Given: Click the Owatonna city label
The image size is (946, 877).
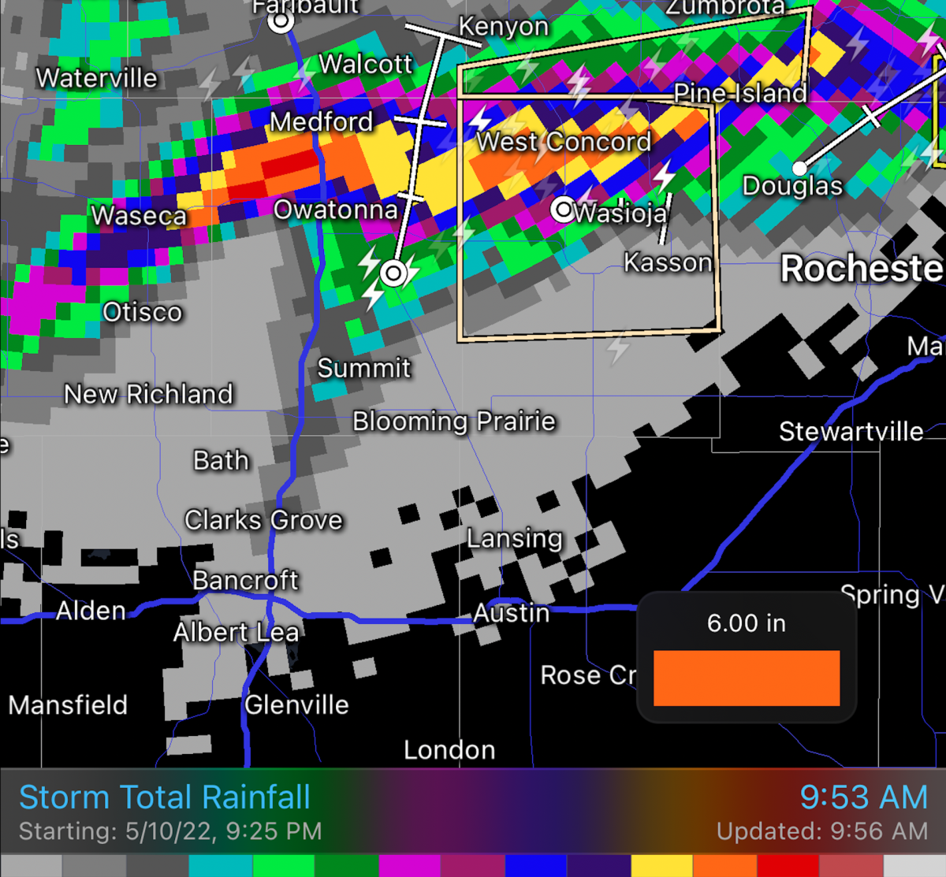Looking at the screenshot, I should pos(335,210).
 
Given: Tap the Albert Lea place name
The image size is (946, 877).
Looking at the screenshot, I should pos(236,632).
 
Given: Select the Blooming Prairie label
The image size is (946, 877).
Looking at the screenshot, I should pos(454,422).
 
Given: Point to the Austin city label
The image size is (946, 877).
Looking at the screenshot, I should pos(511,612).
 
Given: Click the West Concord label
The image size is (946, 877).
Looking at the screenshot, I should pos(564,142).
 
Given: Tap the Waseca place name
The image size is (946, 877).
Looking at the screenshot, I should pos(139,215).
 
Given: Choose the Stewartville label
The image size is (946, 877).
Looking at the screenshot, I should pos(851,432).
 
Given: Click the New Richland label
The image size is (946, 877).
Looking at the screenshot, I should pos(148,394).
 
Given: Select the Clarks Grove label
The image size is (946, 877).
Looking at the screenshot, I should pos(263,520).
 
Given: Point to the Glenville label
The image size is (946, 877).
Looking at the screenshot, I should pos(296,704).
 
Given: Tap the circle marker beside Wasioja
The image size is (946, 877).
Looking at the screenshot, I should pos(563,210).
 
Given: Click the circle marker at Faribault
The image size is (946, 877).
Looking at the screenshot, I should pos(281,22).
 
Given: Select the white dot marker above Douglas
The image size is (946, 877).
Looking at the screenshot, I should pos(799,168).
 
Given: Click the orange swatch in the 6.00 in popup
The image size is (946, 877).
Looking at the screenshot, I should pos(746,678).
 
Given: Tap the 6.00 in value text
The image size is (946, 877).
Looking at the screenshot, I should pos(746,623).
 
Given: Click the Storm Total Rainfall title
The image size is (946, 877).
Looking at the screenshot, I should pos(165,797).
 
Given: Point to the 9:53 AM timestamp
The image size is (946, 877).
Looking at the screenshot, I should pos(863,797).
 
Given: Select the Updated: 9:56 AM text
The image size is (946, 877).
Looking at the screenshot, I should pos(821,831).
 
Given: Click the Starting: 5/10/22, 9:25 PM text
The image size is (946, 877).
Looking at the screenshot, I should pos(170,831).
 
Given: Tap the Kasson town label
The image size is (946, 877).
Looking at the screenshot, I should pos(668,262).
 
